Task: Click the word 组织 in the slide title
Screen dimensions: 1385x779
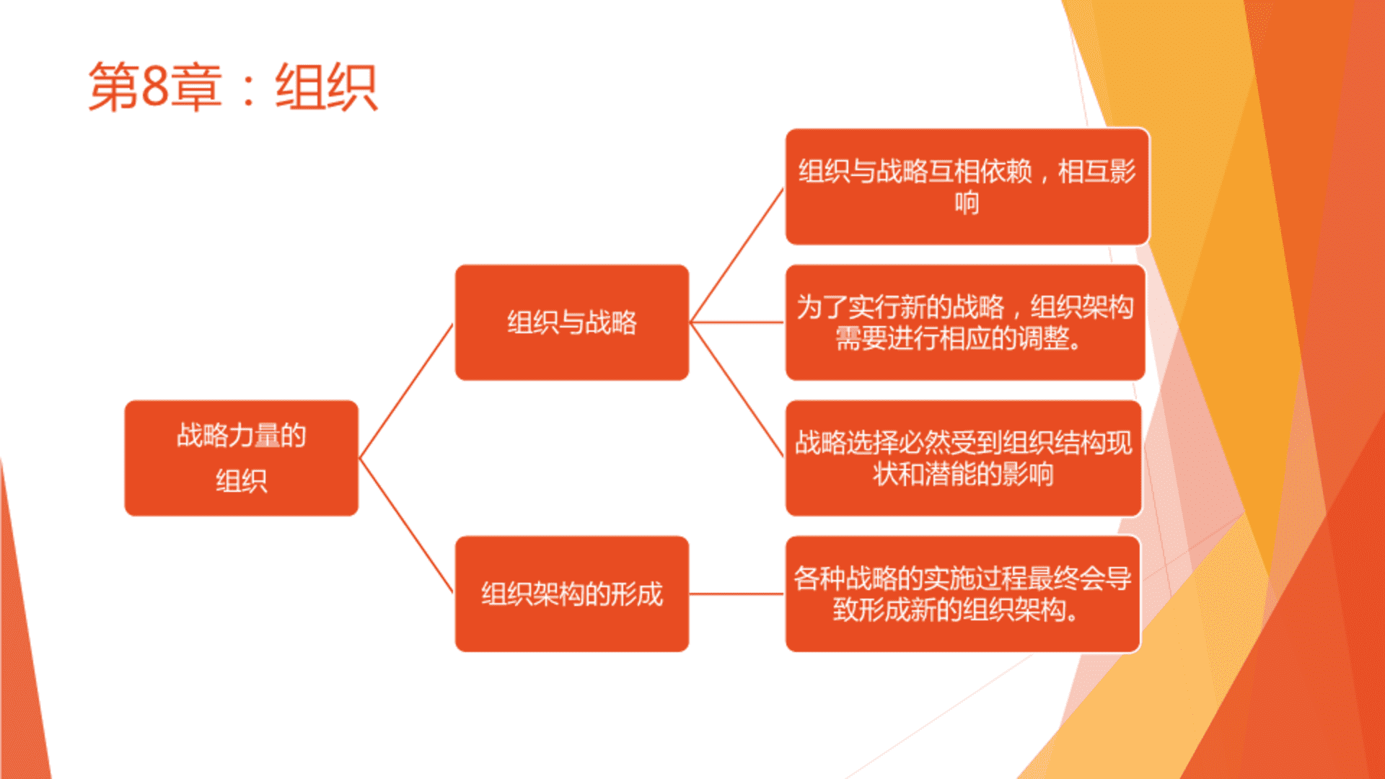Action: coord(326,87)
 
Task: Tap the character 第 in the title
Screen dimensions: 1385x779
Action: coord(113,87)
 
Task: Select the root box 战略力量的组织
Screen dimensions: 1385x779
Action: coord(242,458)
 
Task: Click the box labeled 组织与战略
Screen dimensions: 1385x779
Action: coord(572,322)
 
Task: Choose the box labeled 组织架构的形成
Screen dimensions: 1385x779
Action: coord(572,594)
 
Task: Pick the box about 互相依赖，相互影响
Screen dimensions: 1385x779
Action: coord(967,187)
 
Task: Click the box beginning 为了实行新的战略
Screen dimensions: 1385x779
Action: coord(965,322)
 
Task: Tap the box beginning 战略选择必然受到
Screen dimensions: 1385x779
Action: coord(964,458)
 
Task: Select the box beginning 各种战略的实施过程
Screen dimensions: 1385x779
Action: coord(963,594)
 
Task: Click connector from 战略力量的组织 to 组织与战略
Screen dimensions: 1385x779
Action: coord(406,391)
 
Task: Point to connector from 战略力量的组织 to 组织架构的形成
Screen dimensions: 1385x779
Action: coord(406,525)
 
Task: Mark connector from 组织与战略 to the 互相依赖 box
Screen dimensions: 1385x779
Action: coord(737,255)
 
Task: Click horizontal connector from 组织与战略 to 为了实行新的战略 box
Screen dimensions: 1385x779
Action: coord(737,322)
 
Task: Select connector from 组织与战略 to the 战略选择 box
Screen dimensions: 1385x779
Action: coord(737,389)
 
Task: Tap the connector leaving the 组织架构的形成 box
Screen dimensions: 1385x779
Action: coord(737,594)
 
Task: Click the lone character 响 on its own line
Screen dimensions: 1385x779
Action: coord(967,203)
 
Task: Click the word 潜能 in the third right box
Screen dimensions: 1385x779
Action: coord(951,474)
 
